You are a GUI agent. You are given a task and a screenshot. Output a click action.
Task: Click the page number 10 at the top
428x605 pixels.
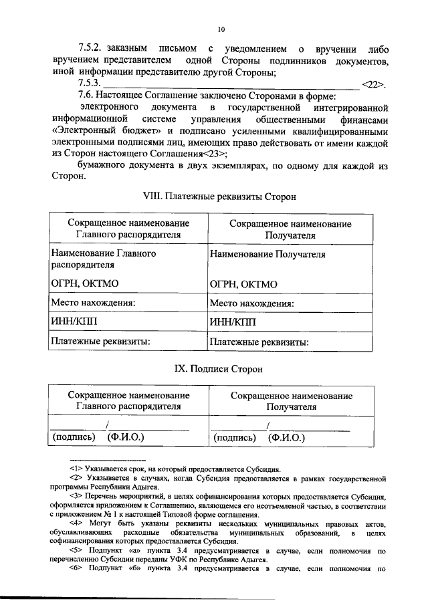(x=221, y=29)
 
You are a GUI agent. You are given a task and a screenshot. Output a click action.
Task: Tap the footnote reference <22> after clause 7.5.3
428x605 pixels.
(x=372, y=84)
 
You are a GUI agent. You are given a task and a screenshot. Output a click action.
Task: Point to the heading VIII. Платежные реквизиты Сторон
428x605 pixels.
(x=220, y=197)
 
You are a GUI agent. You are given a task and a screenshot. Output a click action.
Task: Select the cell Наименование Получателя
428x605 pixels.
(x=267, y=255)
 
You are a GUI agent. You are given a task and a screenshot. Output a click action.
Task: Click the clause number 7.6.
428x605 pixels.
(x=87, y=96)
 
